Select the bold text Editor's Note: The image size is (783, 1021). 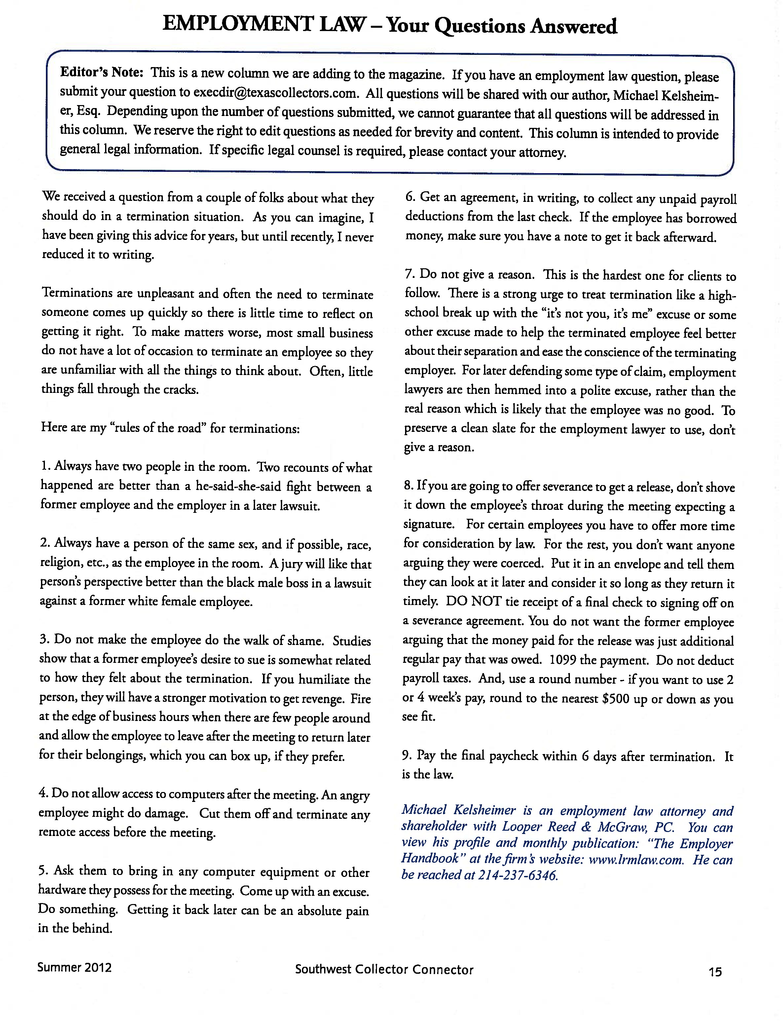[101, 72]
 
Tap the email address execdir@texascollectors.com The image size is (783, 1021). [276, 93]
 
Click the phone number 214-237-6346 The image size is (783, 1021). [518, 876]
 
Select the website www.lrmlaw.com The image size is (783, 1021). [636, 859]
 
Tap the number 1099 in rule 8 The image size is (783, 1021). [565, 660]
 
